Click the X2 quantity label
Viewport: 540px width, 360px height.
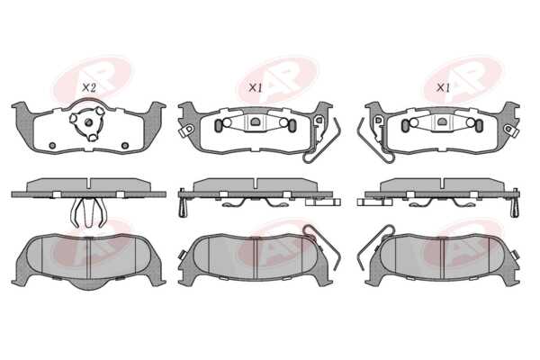pos(89,88)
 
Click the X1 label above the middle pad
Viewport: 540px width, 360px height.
pos(256,88)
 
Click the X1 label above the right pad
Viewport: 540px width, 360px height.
pos(443,88)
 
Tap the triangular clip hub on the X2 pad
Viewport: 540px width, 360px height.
pos(87,122)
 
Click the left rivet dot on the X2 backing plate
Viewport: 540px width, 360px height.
pos(52,146)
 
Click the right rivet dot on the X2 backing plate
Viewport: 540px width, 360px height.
pos(125,146)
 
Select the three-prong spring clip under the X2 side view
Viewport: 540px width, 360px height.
pos(88,213)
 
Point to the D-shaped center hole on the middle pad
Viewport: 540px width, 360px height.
pos(256,121)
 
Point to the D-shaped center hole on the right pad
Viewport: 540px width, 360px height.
pos(442,121)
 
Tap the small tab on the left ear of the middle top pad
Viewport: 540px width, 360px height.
pos(186,130)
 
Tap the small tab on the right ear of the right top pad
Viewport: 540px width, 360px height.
pos(511,130)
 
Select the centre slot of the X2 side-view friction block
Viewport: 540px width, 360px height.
pos(89,184)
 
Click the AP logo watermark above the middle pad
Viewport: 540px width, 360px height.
pos(277,80)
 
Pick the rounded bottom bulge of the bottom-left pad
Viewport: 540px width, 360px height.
pos(88,283)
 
